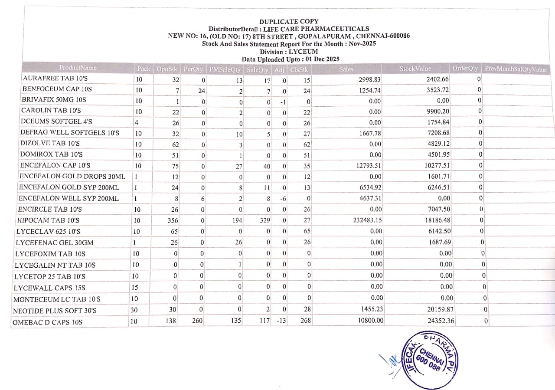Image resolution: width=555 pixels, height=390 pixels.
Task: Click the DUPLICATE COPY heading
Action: point(289,21)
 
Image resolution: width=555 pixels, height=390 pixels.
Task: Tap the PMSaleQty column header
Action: point(225,69)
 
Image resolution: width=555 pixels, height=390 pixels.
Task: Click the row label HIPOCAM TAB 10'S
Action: point(47,220)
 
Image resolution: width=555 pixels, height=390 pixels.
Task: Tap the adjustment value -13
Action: point(281,321)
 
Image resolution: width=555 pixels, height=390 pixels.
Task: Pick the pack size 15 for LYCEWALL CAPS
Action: point(134,288)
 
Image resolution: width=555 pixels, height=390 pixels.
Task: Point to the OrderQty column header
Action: point(465,69)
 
